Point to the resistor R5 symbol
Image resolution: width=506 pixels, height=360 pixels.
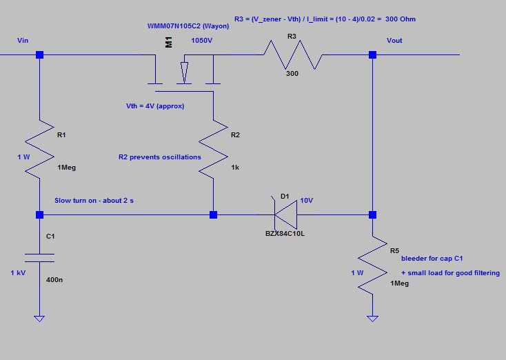click(372, 265)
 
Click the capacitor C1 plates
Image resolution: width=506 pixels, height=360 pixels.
click(39, 257)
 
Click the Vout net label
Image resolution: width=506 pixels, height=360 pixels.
click(394, 41)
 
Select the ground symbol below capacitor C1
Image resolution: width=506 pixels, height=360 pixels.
click(39, 318)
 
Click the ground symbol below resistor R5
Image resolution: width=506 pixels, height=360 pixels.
click(372, 318)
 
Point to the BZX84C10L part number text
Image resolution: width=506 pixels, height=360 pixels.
click(285, 234)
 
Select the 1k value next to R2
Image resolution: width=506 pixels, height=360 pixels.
click(236, 168)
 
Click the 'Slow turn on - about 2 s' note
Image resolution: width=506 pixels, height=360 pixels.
click(94, 201)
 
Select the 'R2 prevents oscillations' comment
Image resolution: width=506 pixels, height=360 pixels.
click(160, 157)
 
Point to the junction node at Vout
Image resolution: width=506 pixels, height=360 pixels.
click(372, 54)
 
